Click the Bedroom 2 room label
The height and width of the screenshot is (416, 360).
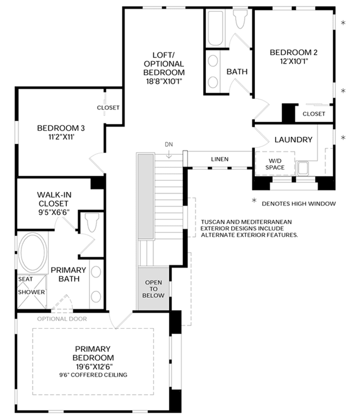(x=294, y=52)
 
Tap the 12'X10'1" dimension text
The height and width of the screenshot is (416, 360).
(x=294, y=61)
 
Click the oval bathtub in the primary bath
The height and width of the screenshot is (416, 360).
(x=33, y=252)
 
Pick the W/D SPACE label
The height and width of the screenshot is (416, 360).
(x=275, y=164)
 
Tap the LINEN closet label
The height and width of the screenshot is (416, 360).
(x=220, y=159)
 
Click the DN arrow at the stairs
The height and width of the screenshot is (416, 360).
(x=169, y=154)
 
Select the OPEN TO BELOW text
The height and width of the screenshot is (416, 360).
(x=153, y=289)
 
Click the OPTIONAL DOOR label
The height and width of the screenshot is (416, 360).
(x=62, y=319)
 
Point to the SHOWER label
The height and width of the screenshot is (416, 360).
(x=31, y=292)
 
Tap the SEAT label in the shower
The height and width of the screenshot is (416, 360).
(x=25, y=279)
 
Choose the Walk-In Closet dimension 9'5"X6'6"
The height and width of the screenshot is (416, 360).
(x=54, y=213)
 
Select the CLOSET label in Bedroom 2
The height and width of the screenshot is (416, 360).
(x=314, y=114)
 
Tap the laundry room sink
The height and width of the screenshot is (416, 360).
(x=303, y=168)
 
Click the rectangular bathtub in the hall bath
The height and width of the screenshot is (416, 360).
(x=215, y=28)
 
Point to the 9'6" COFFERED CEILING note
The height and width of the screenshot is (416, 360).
(x=93, y=375)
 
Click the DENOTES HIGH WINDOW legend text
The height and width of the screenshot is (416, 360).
(x=299, y=204)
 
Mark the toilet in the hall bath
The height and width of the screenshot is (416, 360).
(x=240, y=19)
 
